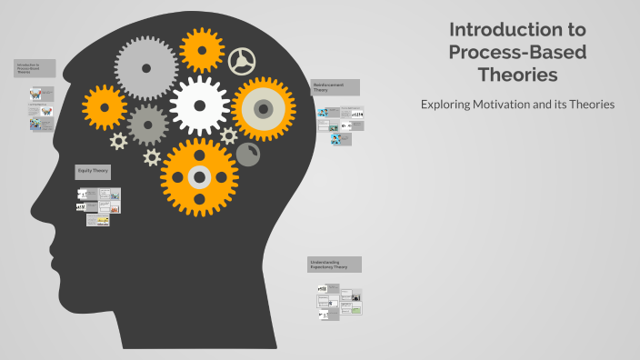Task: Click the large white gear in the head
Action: pos(200,105)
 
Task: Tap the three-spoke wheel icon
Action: pos(242,62)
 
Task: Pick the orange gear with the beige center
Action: pos(263,109)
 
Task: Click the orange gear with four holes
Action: pos(201,177)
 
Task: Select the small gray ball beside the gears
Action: pos(247,155)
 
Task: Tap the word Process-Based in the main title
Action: pos(517,52)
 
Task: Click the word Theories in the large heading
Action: pos(517,75)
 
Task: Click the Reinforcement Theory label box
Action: pos(335,87)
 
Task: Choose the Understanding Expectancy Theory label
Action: pos(335,265)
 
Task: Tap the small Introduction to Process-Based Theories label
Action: pos(35,68)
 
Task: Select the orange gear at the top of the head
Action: pos(201,50)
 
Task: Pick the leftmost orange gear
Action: pos(105,107)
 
